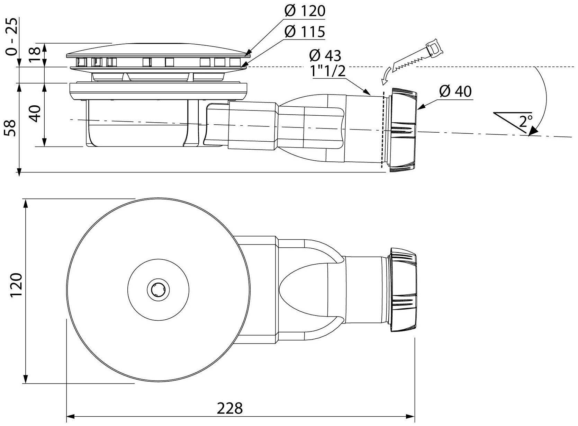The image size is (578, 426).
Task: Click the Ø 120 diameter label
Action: coord(305,11)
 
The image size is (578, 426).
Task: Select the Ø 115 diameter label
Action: coord(305,32)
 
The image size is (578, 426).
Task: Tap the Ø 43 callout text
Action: coord(325,55)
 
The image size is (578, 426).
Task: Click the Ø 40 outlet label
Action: coord(455,91)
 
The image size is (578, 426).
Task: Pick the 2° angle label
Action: coord(526,121)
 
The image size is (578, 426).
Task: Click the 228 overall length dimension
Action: coord(230,408)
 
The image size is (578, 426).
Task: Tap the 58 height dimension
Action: coord(11,128)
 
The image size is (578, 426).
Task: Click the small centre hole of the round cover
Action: coord(158,289)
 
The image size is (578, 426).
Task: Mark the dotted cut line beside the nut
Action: coord(383,132)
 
